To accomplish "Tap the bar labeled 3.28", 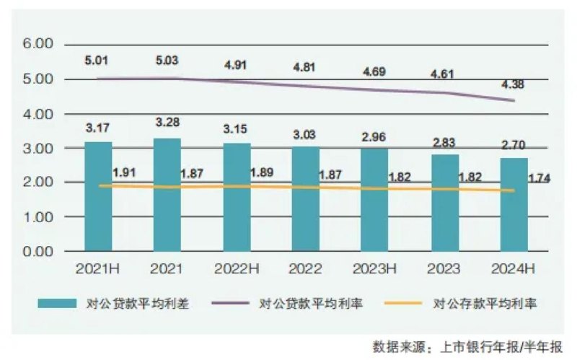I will tap(168, 195).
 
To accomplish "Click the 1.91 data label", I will tap(125, 173).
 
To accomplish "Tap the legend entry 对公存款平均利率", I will tap(486, 304).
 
